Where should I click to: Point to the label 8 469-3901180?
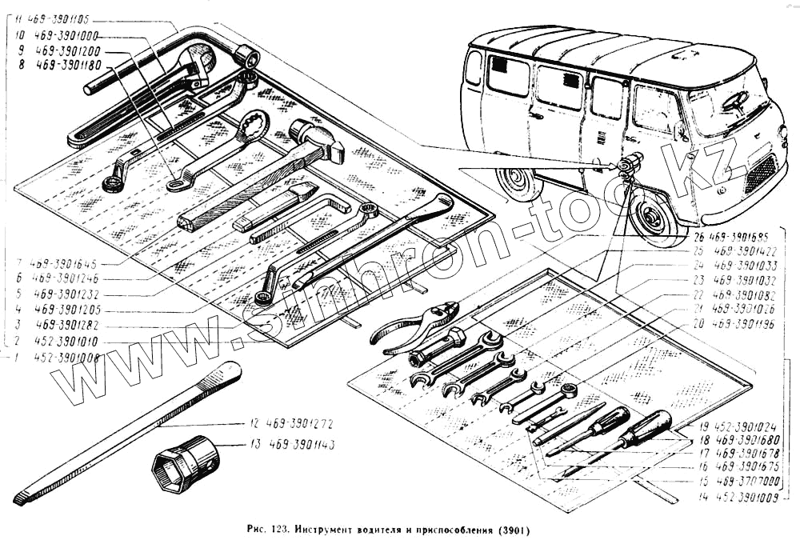coord(61,65)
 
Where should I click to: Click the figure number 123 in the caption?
coord(277,530)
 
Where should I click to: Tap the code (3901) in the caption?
coord(513,530)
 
